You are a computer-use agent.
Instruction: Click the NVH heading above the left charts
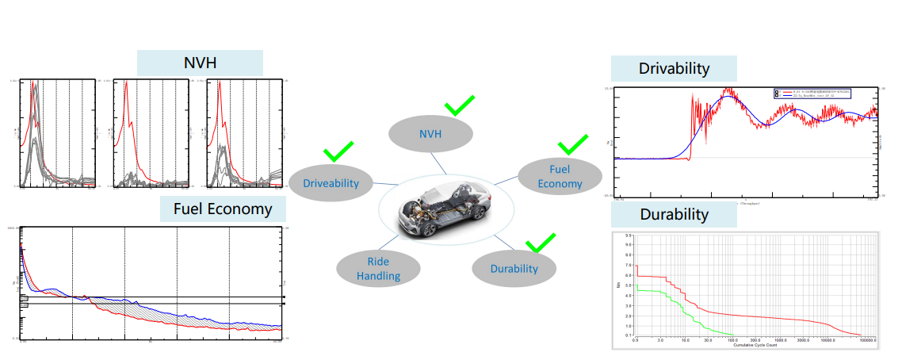(x=200, y=63)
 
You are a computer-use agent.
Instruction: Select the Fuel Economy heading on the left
(x=223, y=209)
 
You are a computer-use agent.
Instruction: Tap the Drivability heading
(x=674, y=68)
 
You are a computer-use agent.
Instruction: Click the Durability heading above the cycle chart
(x=674, y=215)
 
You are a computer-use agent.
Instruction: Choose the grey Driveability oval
(x=331, y=183)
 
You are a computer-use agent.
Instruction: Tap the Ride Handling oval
(x=377, y=268)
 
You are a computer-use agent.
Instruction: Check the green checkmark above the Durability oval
(x=541, y=242)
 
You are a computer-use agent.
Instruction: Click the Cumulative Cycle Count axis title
(x=743, y=346)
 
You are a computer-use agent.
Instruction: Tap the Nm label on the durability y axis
(x=620, y=285)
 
